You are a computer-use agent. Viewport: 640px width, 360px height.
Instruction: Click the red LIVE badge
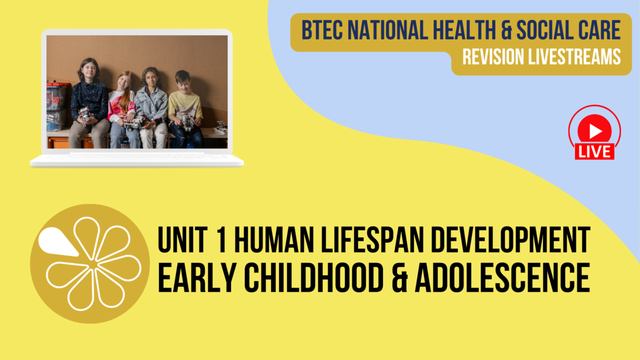594,151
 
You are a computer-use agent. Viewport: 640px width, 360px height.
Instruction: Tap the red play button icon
594,130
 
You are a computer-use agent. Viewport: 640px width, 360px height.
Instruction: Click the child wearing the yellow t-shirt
185,107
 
